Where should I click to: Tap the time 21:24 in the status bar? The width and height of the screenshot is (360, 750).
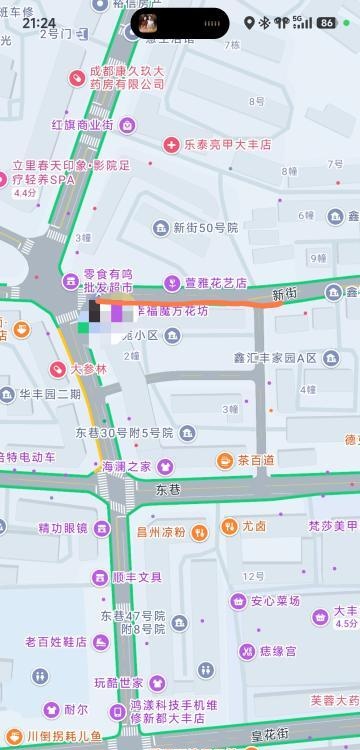pyautogui.click(x=39, y=22)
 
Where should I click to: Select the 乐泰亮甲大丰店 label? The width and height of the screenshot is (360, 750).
pyautogui.click(x=227, y=144)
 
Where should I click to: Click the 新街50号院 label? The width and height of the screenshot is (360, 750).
pyautogui.click(x=205, y=228)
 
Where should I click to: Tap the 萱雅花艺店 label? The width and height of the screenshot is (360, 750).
pyautogui.click(x=216, y=283)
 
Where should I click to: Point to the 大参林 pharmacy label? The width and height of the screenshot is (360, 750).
pyautogui.click(x=88, y=369)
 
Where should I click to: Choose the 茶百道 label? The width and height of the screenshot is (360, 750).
pyautogui.click(x=255, y=460)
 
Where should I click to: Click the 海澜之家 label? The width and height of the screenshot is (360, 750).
pyautogui.click(x=124, y=466)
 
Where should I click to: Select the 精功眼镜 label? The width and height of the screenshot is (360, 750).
pyautogui.click(x=62, y=528)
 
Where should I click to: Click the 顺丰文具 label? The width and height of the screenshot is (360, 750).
pyautogui.click(x=137, y=577)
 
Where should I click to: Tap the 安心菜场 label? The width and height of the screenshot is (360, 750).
pyautogui.click(x=275, y=601)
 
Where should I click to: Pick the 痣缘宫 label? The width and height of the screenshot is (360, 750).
pyautogui.click(x=277, y=651)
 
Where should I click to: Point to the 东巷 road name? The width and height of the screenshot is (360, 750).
pyautogui.click(x=168, y=490)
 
